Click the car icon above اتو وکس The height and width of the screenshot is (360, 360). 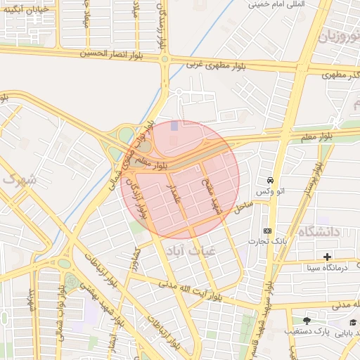click(x=271, y=181)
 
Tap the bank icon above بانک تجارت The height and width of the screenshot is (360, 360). click(x=267, y=231)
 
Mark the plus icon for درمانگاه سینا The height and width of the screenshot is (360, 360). click(x=327, y=256)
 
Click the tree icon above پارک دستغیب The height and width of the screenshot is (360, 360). click(x=306, y=321)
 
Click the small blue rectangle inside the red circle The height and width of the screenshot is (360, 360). click(x=174, y=125)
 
